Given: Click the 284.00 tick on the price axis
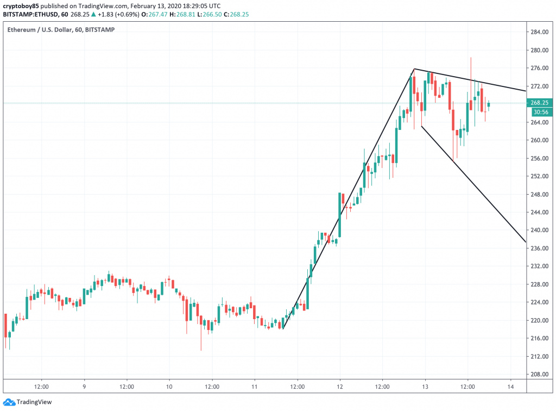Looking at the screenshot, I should click(x=541, y=32).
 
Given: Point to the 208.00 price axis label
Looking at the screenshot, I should click(x=541, y=374).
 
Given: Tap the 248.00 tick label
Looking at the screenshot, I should click(x=541, y=194).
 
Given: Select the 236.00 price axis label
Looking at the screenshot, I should click(x=541, y=248).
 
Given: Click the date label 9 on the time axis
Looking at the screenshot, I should click(x=84, y=387).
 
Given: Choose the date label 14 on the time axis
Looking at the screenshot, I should click(x=510, y=387).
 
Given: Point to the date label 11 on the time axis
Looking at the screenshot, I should click(x=255, y=387).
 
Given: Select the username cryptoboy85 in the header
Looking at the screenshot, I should click(x=20, y=5).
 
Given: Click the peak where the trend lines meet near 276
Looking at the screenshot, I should click(x=414, y=69).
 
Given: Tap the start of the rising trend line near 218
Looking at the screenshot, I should click(x=283, y=328).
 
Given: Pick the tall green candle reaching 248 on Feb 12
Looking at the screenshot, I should click(x=340, y=214).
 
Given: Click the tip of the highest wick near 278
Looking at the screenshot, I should click(x=471, y=57).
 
